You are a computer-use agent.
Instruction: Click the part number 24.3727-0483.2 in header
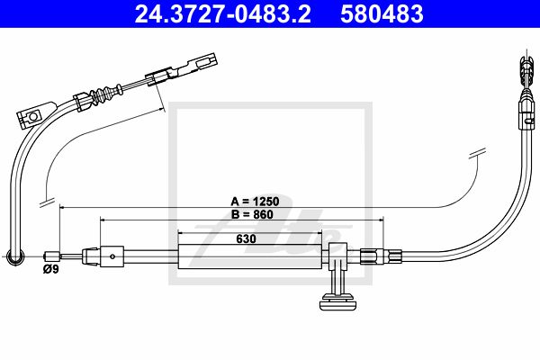(222, 13)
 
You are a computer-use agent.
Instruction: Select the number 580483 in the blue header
(382, 13)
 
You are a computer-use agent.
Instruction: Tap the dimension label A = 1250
(255, 202)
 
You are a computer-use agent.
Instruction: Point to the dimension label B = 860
(252, 214)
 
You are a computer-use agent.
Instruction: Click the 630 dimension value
(247, 238)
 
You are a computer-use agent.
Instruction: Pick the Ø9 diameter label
(50, 269)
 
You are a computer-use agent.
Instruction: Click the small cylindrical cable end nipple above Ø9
(52, 256)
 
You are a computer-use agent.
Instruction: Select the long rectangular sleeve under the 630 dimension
(250, 256)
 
